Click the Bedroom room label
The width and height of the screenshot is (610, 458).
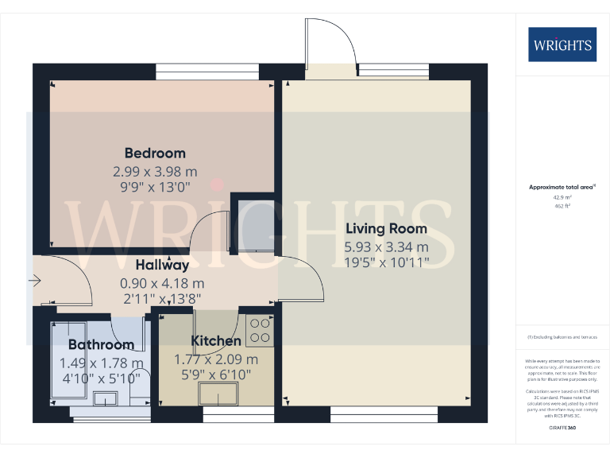155,153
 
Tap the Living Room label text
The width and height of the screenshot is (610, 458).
386,228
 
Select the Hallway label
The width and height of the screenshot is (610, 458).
162,266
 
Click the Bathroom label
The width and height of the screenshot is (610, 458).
101,344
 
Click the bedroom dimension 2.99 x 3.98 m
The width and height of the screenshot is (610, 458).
155,171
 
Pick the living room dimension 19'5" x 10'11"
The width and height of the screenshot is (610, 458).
386,261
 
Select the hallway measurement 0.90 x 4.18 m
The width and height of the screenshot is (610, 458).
162,283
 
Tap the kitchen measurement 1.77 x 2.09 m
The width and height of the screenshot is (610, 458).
216,359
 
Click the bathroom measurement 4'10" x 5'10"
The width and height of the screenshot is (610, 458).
101,378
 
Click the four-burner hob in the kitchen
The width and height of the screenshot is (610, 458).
259,330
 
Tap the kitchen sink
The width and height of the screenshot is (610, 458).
219,394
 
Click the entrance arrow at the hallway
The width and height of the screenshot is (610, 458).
33,280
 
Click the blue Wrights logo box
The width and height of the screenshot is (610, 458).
562,45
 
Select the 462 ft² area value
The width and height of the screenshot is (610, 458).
562,205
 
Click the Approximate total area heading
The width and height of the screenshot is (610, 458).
562,187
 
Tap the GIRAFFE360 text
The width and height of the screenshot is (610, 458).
562,429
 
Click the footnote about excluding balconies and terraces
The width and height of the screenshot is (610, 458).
562,337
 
